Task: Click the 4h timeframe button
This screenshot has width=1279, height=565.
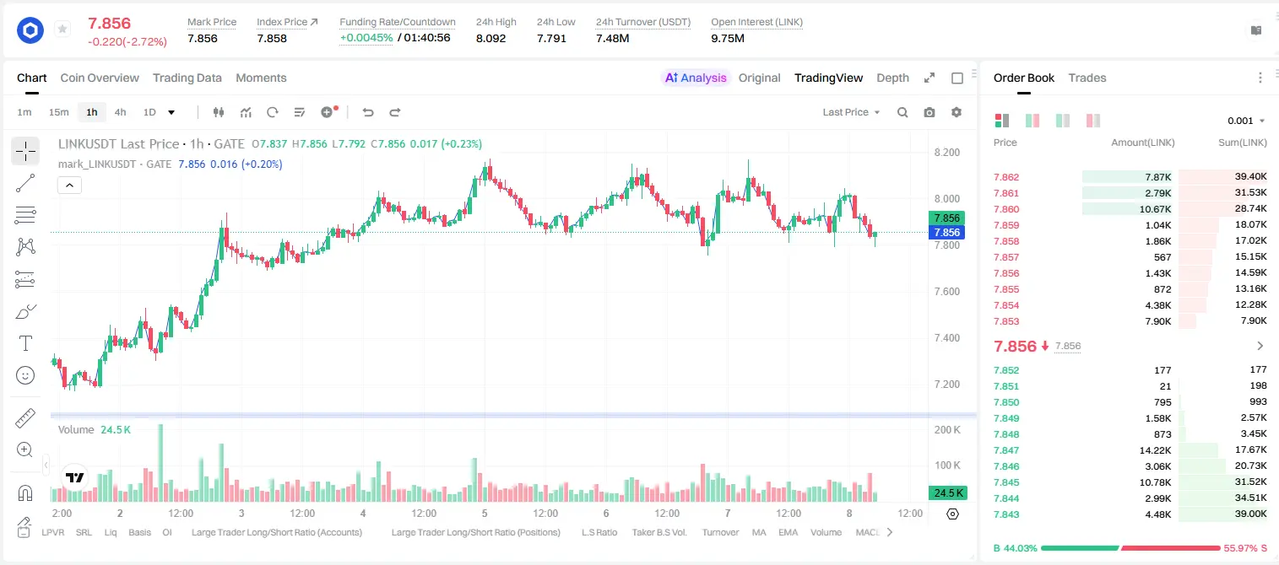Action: click(x=120, y=112)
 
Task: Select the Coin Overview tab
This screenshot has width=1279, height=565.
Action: click(x=100, y=78)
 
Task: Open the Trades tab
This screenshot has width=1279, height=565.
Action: click(x=1087, y=78)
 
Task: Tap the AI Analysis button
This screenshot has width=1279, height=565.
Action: click(x=696, y=78)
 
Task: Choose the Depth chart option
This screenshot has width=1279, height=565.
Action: click(x=892, y=78)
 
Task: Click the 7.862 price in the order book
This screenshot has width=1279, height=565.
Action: click(x=1006, y=177)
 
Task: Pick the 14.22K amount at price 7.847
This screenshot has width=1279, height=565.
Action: click(x=1155, y=450)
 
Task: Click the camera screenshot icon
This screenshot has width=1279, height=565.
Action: click(x=929, y=112)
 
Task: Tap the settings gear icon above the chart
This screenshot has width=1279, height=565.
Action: click(x=957, y=112)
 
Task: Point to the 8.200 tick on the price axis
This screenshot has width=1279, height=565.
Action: click(x=946, y=153)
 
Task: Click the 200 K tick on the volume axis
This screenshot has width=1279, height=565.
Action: click(x=947, y=430)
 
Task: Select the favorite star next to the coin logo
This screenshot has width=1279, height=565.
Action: click(x=62, y=29)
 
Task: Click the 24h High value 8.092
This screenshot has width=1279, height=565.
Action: click(x=491, y=38)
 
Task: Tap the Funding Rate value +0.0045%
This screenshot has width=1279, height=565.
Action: click(x=366, y=38)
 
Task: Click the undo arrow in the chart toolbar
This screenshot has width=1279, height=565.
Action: click(x=368, y=112)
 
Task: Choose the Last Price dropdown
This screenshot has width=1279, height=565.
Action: click(x=851, y=112)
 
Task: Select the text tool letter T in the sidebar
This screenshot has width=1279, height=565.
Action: click(x=25, y=343)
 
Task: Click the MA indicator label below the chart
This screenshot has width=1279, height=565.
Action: click(x=759, y=532)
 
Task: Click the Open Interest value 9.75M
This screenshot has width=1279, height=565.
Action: click(x=728, y=38)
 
